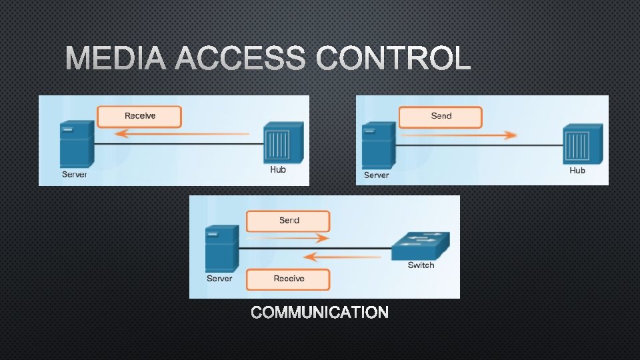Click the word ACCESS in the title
tap(241, 59)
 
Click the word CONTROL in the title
tap(393, 59)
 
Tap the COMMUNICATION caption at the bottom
tap(320, 313)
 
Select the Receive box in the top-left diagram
tap(139, 116)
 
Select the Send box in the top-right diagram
tap(441, 116)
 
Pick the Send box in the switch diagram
tap(289, 221)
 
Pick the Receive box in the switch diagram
tap(289, 279)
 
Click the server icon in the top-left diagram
tap(76, 143)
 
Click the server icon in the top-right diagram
tap(378, 145)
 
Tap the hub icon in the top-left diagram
tap(283, 142)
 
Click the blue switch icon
tap(420, 245)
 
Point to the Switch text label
tap(421, 265)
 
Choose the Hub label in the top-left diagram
tap(278, 170)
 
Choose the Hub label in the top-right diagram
tap(577, 171)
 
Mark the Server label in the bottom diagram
tap(219, 279)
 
